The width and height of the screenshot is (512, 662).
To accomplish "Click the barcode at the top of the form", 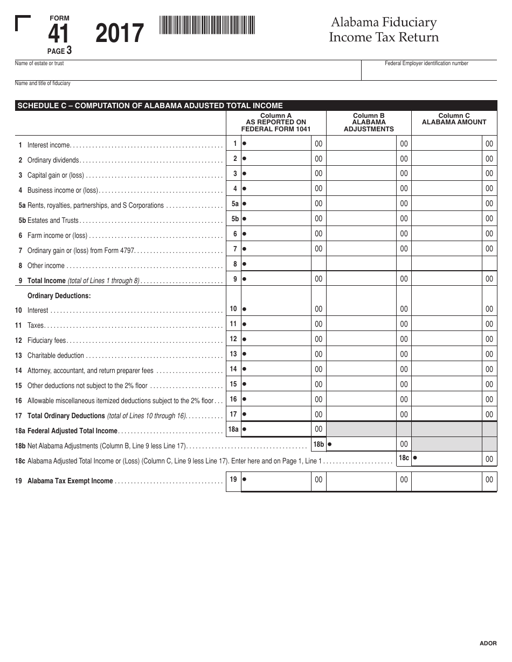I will tap(207, 25).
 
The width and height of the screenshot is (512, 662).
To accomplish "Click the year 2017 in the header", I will tap(120, 34).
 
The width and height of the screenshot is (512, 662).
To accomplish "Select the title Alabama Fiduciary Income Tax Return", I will tap(384, 30).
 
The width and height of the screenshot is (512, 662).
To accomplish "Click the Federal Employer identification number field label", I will tap(426, 64).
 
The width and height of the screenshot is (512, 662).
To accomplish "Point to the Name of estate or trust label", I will tap(39, 64).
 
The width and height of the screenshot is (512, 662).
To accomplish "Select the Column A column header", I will tap(276, 122).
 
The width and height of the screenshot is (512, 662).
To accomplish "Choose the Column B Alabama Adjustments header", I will tap(369, 122).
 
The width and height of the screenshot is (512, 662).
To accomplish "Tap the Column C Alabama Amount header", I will tap(454, 119).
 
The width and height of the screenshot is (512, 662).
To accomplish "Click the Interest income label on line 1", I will tap(49, 145).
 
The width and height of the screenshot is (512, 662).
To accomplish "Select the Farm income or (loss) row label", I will tap(57, 236).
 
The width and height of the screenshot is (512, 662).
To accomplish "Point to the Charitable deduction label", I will tap(56, 356).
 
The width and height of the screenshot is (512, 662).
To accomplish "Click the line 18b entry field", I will tap(362, 445).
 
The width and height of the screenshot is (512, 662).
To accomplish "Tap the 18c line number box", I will tap(404, 458).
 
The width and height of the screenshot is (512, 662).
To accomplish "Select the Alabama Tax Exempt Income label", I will tap(70, 481).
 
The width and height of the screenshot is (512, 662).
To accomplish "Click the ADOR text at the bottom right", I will tap(488, 643).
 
